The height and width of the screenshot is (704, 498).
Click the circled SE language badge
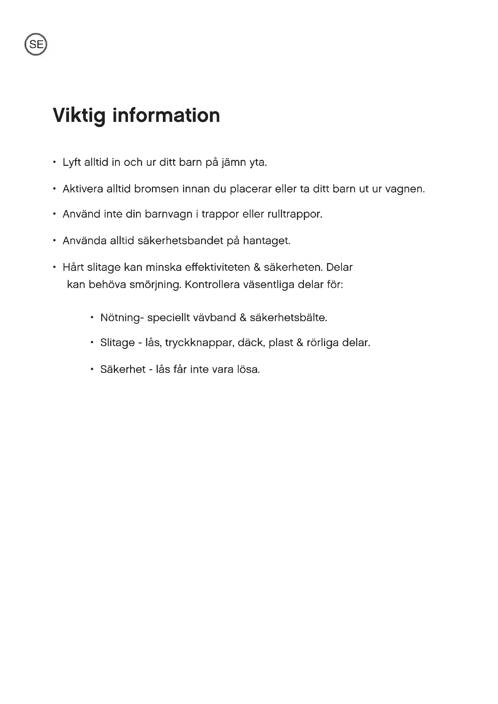[36, 45]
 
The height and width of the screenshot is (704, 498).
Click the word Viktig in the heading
[79, 116]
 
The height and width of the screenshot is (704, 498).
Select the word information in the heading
[166, 116]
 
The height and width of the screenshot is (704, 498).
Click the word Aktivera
[83, 189]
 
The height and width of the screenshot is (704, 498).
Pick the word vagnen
[405, 189]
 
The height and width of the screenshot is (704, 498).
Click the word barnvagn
[168, 214]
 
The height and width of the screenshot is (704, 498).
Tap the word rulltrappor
[295, 214]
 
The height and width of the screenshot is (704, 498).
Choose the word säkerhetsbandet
[180, 241]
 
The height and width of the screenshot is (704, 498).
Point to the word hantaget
[266, 241]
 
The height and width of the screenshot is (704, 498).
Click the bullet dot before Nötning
[92, 317]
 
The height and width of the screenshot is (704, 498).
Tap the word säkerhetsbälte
[288, 318]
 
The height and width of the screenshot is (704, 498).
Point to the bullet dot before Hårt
[54, 267]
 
